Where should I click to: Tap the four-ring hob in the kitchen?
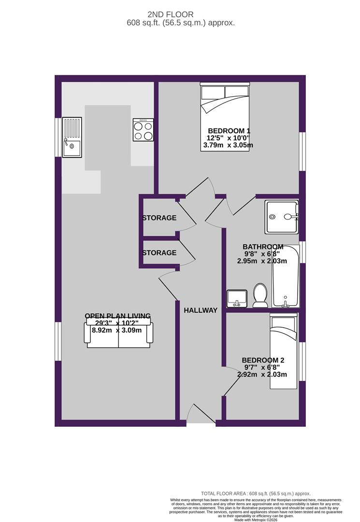pos(143,130)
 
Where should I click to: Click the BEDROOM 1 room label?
pos(229,131)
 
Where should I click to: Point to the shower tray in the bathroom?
pos(282,217)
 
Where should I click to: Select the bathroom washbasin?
pos(237,298)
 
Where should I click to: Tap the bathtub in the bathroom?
pos(286,276)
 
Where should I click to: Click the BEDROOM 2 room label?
pos(262,360)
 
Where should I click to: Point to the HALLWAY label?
pos(201,310)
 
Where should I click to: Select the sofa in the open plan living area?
pos(119,335)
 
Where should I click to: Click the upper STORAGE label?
pos(159,218)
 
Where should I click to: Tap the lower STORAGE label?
pos(159,253)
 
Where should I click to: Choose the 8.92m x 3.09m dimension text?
pos(116,331)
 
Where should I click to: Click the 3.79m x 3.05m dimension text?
pos(229,145)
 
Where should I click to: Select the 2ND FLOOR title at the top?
pos(180,15)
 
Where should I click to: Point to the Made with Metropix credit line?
pos(256,520)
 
